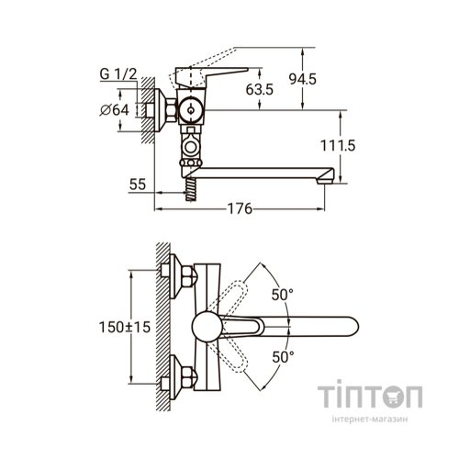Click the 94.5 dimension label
click(x=302, y=79)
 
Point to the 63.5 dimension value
click(x=260, y=90)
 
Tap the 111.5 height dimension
click(x=338, y=145)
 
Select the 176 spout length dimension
click(x=240, y=209)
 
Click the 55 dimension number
click(x=138, y=185)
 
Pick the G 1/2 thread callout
click(x=118, y=74)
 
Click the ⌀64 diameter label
click(x=115, y=110)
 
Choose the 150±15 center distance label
click(x=125, y=327)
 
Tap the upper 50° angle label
click(x=283, y=295)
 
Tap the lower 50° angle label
click(x=283, y=357)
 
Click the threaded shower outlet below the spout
click(x=190, y=189)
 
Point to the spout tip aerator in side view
click(x=325, y=180)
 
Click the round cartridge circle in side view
click(x=190, y=110)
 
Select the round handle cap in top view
click(x=207, y=327)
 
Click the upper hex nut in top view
click(x=189, y=276)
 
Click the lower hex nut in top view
click(x=189, y=377)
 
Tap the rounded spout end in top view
click(x=351, y=326)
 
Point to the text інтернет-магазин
click(x=370, y=419)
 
